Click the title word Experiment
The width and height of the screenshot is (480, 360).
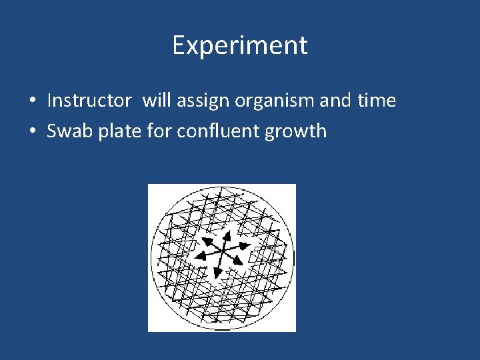(240, 45)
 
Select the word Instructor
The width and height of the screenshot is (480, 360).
(89, 101)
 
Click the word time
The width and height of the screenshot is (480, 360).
(377, 101)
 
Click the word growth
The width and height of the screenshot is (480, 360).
(296, 131)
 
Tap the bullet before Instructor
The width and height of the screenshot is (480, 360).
(32, 101)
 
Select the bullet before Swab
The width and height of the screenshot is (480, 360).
(32, 131)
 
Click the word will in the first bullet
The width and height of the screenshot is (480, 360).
(156, 101)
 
